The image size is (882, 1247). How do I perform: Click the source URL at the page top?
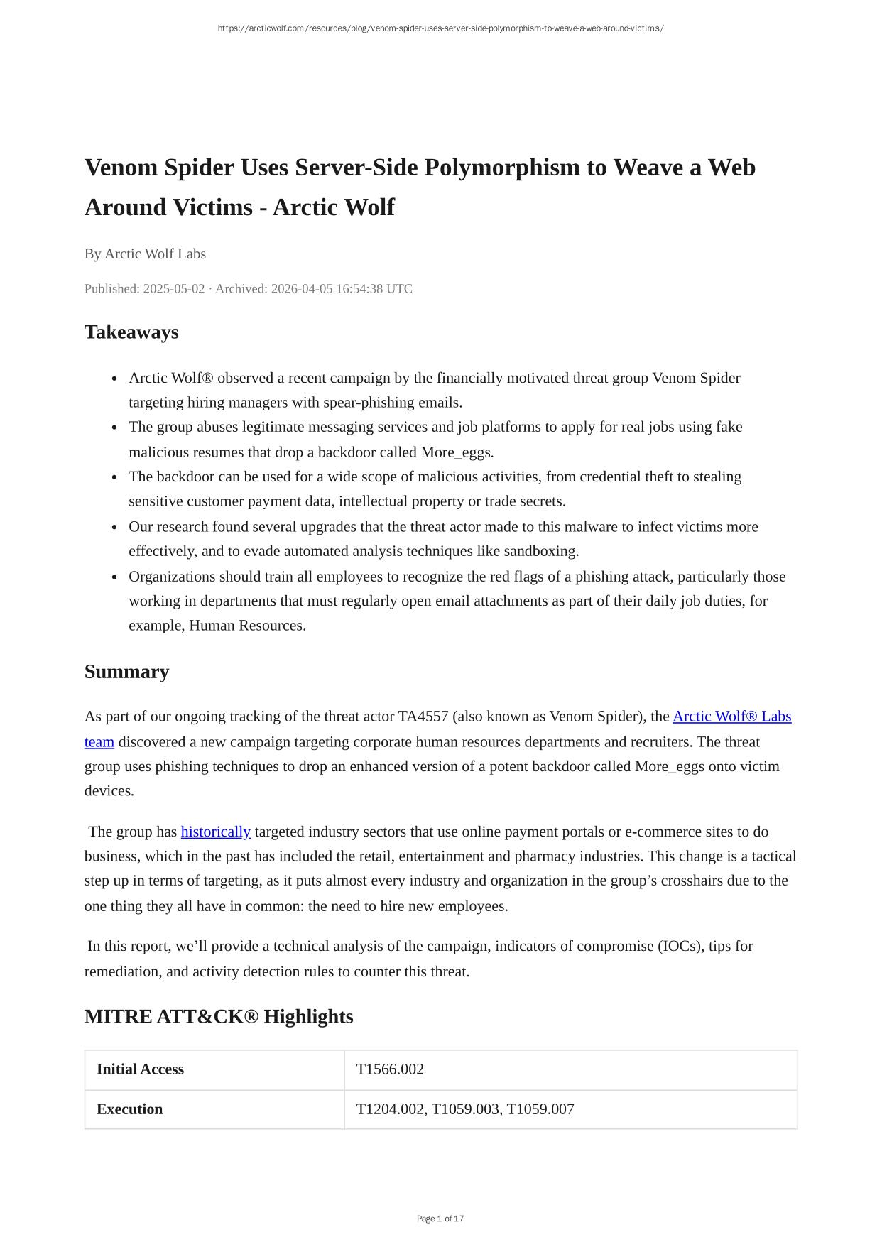coord(440,28)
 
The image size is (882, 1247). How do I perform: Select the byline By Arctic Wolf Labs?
coord(145,254)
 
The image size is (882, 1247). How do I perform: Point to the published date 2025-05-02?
coord(173,289)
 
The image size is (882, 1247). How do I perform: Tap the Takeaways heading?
coord(131,332)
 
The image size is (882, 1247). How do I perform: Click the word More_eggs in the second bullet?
coord(457,452)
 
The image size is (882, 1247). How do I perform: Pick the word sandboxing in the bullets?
coord(541,551)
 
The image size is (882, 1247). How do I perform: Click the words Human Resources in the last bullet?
coord(247,626)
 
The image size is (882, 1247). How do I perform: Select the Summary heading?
coord(126,672)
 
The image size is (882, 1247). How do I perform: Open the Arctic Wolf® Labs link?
coord(731,717)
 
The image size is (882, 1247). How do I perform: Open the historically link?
coord(216,832)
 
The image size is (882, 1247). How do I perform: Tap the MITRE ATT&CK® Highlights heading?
coord(219,1017)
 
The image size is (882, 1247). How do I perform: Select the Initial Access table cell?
coord(140,1069)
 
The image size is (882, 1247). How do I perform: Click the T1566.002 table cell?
coord(390,1069)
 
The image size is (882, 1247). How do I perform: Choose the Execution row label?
coord(129,1109)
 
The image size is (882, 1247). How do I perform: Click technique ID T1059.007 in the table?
coord(540,1109)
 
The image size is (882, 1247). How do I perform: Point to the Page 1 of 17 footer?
coord(440,1219)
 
